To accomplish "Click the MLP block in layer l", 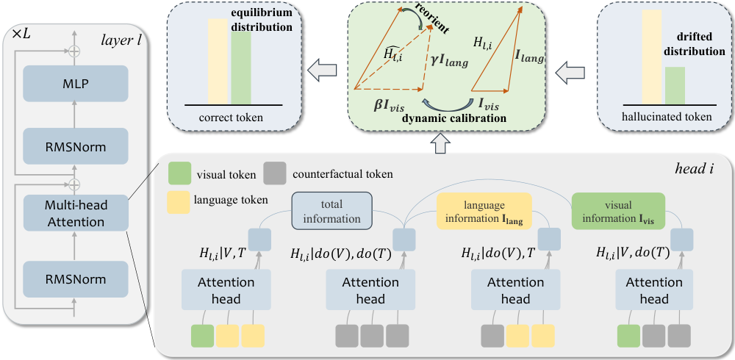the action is coord(76,84).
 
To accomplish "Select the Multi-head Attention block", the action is coord(76,213).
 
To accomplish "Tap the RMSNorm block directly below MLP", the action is coord(76,146).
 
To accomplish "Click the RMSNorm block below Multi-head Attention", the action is coord(76,279).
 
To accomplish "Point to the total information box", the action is coord(332,211).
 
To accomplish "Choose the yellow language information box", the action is coord(484,211).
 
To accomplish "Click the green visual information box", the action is coord(618,211).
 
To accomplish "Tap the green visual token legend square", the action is coord(179,174).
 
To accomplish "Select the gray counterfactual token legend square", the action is coord(275,174).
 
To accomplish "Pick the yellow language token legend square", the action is coord(179,201).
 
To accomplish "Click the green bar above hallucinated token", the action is coord(675,85).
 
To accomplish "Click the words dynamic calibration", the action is coord(455,118).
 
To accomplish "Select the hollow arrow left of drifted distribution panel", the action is coord(570,73).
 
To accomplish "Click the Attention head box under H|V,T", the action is coord(226,291).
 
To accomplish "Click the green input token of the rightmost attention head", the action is coord(628,336).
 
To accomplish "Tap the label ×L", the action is coord(20,35).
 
